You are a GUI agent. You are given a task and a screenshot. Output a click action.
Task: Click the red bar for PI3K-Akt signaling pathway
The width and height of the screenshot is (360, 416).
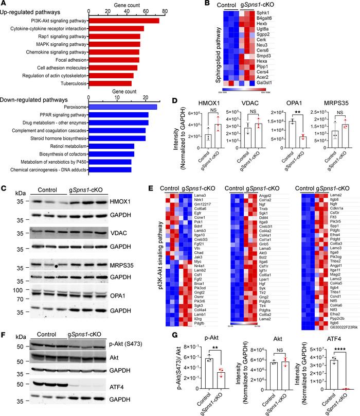123,21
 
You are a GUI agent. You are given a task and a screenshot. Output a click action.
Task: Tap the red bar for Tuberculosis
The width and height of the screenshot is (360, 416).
110,83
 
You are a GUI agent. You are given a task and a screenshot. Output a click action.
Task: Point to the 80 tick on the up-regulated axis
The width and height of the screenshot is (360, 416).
164,10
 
